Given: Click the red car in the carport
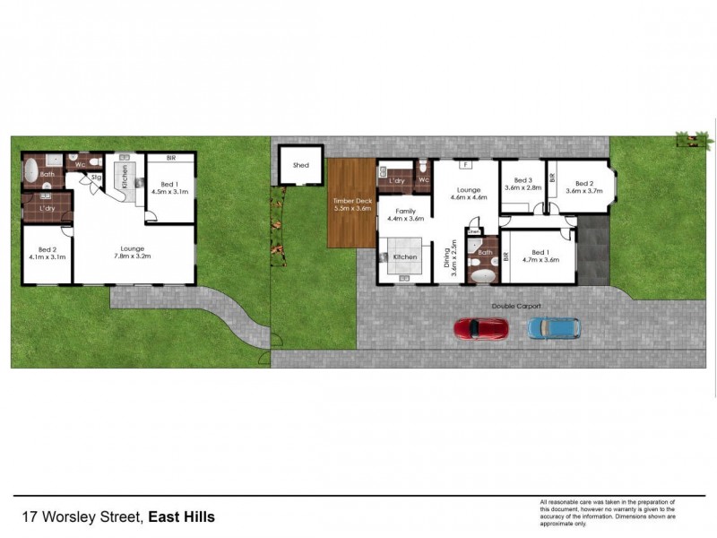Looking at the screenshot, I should click(481, 329).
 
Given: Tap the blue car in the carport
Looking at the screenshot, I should click(553, 329).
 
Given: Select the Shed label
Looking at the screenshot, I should click(301, 165).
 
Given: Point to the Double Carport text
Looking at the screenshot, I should click(516, 306).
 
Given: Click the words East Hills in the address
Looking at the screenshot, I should click(181, 516).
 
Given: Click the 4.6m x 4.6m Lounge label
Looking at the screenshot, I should click(467, 193).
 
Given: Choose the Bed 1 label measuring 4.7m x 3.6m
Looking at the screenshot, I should click(539, 256).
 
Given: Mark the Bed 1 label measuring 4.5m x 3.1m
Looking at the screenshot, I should click(168, 188).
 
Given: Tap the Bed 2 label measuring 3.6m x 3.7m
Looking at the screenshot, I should click(583, 184).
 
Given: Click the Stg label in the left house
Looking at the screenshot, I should click(96, 178).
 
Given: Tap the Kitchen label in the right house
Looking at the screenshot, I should click(405, 257).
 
